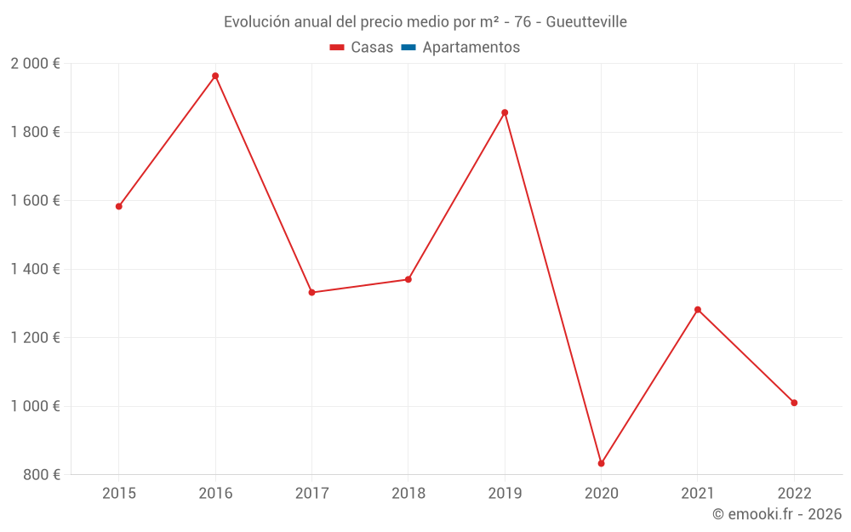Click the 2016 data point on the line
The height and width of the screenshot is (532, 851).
pyautogui.click(x=215, y=76)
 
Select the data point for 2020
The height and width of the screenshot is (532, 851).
pyautogui.click(x=601, y=463)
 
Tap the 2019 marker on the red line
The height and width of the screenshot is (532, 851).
pyautogui.click(x=505, y=112)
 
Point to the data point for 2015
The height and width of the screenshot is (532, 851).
pyautogui.click(x=119, y=206)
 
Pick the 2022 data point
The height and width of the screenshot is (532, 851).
pyautogui.click(x=794, y=403)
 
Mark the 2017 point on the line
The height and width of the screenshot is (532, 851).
pyautogui.click(x=311, y=292)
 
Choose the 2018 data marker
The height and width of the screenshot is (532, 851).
pyautogui.click(x=408, y=279)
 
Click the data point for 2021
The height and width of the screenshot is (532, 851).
pyautogui.click(x=698, y=309)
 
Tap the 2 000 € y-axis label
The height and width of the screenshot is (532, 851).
pyautogui.click(x=36, y=64)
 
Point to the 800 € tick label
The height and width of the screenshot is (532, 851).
pyautogui.click(x=42, y=475)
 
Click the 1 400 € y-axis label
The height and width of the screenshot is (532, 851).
pyautogui.click(x=36, y=269)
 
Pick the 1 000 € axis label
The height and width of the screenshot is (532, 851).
pyautogui.click(x=36, y=406)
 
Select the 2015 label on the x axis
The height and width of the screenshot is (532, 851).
pyautogui.click(x=119, y=493)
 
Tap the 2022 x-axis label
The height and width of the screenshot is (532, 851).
pyautogui.click(x=794, y=493)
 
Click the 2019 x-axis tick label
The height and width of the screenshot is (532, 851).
pyautogui.click(x=505, y=493)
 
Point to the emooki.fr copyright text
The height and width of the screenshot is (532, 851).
pyautogui.click(x=777, y=514)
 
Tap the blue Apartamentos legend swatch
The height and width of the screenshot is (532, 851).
pyautogui.click(x=408, y=48)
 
